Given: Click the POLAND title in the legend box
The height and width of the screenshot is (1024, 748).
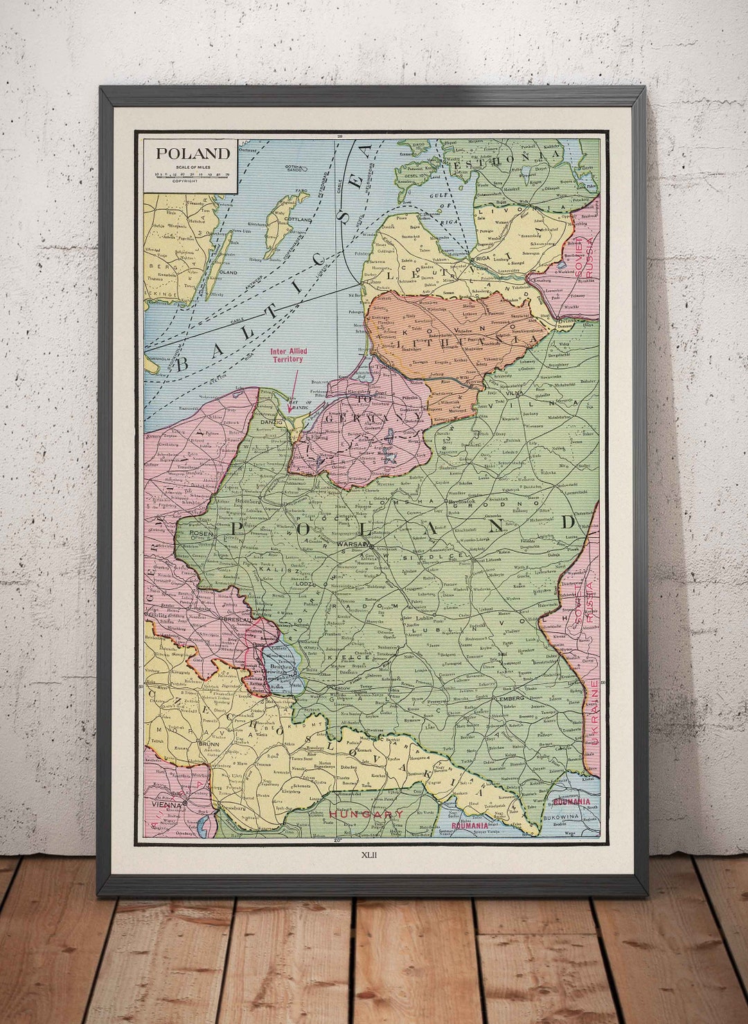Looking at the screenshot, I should click(192, 154).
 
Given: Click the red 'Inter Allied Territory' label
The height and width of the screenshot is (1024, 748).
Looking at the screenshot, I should click(288, 355).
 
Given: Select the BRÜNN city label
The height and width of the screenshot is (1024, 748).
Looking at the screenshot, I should click(208, 744).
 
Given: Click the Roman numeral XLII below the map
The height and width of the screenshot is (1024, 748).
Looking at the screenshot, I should click(369, 853).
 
